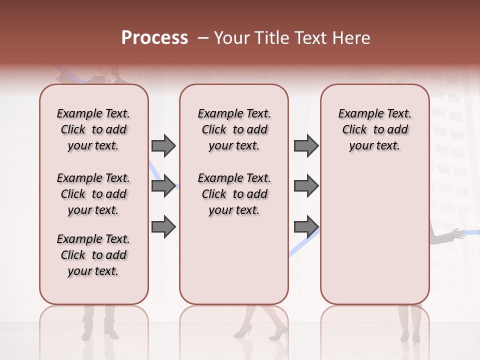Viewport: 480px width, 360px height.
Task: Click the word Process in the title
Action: pyautogui.click(x=154, y=38)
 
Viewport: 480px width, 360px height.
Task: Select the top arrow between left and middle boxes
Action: pyautogui.click(x=163, y=146)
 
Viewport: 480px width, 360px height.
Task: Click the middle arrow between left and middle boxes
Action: pyautogui.click(x=163, y=186)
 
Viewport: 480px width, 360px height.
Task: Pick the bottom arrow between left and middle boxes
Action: pyautogui.click(x=163, y=227)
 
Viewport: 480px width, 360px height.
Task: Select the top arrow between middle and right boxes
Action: pyautogui.click(x=306, y=146)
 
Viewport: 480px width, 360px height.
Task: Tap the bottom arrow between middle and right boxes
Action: pyautogui.click(x=306, y=227)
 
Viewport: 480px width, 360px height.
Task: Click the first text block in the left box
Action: pyautogui.click(x=93, y=129)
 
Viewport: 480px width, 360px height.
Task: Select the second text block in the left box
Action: pyautogui.click(x=93, y=194)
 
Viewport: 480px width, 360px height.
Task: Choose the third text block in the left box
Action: pyautogui.click(x=93, y=255)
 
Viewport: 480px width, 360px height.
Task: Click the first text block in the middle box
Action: pyautogui.click(x=234, y=129)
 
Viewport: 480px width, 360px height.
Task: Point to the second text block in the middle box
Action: pyautogui.click(x=234, y=194)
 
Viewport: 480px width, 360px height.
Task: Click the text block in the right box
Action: pyautogui.click(x=374, y=129)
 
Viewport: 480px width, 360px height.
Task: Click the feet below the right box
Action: pyautogui.click(x=410, y=335)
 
